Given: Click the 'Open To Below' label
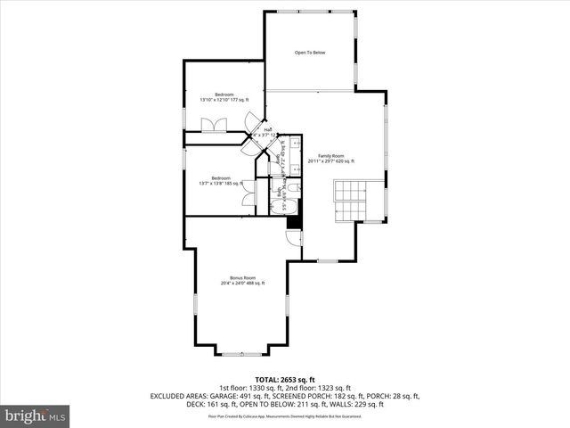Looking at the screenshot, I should (x=310, y=53).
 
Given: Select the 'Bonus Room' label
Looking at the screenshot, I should (x=243, y=277).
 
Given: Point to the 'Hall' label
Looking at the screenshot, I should (x=267, y=129).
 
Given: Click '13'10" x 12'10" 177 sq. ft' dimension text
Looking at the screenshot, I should (x=224, y=100).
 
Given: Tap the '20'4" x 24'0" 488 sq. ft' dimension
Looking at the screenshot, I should (x=243, y=284).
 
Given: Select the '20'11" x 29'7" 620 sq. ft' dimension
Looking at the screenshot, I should (x=331, y=161).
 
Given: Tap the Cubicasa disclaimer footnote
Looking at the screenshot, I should (x=285, y=416).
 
